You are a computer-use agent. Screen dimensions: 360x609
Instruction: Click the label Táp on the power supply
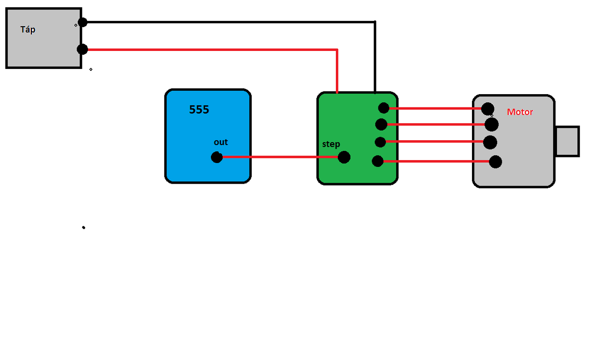click(28, 29)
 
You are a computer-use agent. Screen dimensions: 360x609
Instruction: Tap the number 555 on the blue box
click(199, 110)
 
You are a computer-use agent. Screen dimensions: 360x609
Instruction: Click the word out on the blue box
click(221, 142)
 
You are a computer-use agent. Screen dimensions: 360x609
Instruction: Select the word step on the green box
click(331, 144)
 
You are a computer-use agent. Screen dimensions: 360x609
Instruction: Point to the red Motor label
click(520, 112)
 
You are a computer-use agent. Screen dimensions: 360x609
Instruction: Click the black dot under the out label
click(216, 157)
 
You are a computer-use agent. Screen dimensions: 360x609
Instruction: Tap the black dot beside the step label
click(344, 157)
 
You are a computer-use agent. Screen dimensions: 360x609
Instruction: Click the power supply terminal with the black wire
click(82, 22)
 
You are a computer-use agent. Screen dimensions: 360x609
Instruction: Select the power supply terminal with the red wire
click(82, 49)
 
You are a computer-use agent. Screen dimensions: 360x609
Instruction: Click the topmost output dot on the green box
click(384, 108)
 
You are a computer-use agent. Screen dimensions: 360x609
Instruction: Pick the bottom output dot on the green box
click(378, 161)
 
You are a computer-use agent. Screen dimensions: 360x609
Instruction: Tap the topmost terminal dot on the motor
click(487, 109)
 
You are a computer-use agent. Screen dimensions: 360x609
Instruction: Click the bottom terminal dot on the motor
click(495, 162)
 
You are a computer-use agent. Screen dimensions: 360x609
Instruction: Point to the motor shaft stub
click(567, 141)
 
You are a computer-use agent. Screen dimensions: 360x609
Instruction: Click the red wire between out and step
click(281, 157)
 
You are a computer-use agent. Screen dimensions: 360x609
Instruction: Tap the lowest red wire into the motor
click(435, 162)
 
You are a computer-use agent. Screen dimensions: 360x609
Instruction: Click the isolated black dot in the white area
click(84, 228)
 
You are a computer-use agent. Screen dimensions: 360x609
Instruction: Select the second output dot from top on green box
click(381, 125)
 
